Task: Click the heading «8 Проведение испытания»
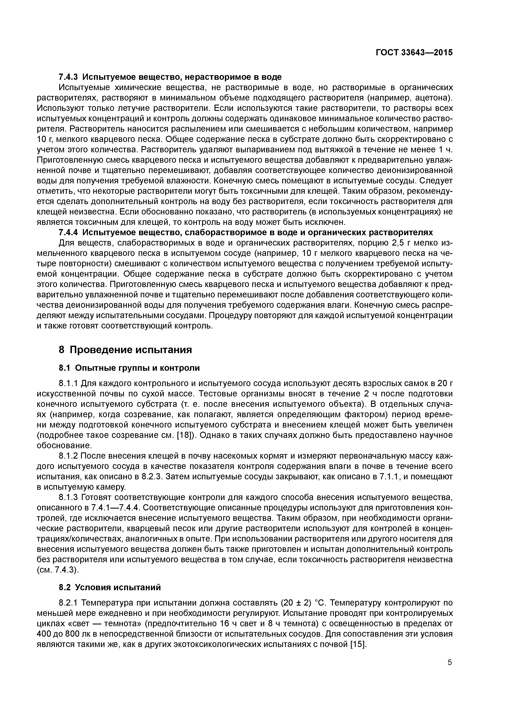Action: click(x=125, y=350)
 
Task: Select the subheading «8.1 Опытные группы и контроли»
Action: click(x=129, y=368)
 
